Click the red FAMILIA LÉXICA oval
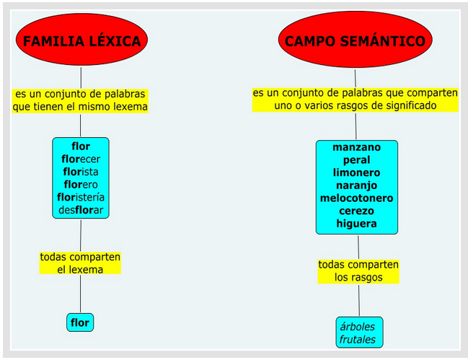pos(81,41)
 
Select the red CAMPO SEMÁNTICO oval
pos(355,41)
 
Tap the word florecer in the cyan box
pos(81,159)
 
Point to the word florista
pos(81,172)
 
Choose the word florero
pos(81,185)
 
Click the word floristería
pos(81,198)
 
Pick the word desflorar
pos(81,211)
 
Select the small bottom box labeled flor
pos(80,322)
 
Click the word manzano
pos(356,147)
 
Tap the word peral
pos(356,160)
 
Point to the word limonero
pos(356,173)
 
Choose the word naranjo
pos(356,185)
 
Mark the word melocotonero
pos(356,198)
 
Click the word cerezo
pos(356,211)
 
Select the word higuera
pos(356,224)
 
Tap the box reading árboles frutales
pos(359,333)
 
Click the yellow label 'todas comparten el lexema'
pos(80,263)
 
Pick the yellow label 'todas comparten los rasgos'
pos(358,271)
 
